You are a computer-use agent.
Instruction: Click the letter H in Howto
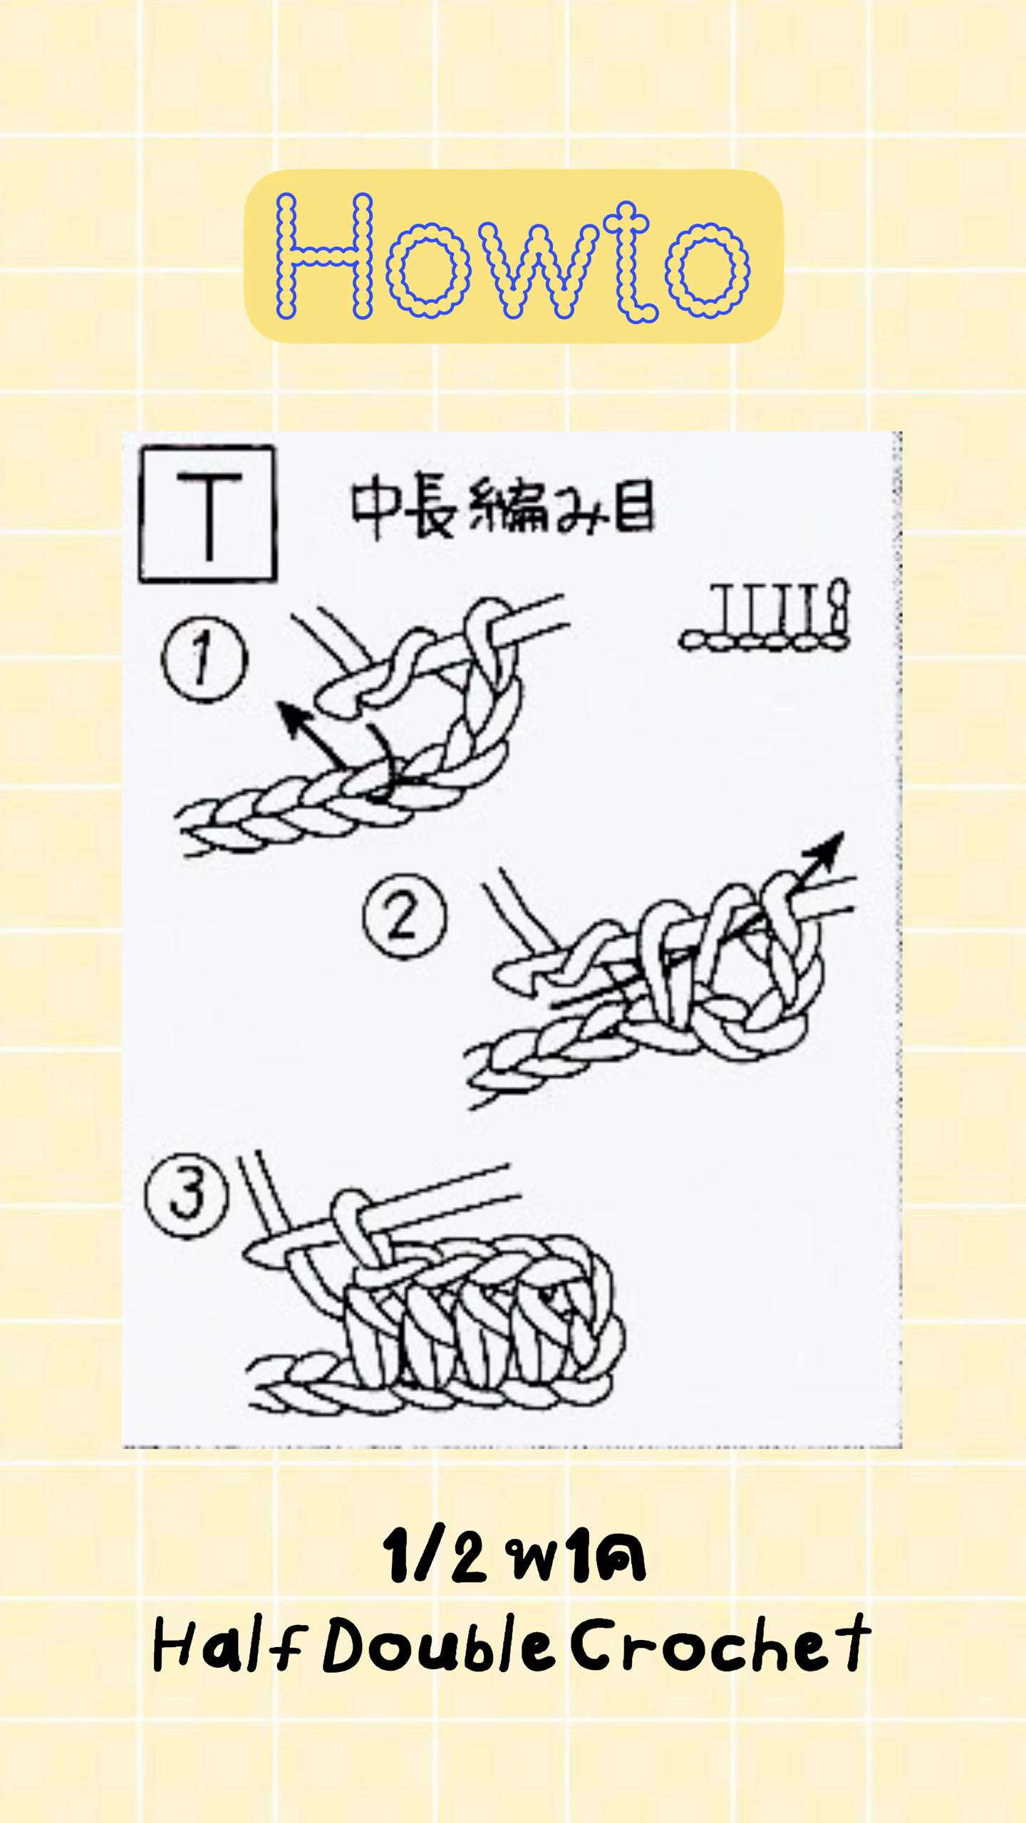tap(325, 256)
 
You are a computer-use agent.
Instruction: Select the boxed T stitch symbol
tap(208, 513)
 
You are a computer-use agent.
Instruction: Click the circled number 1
tap(204, 660)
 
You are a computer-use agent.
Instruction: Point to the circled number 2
tap(405, 916)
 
